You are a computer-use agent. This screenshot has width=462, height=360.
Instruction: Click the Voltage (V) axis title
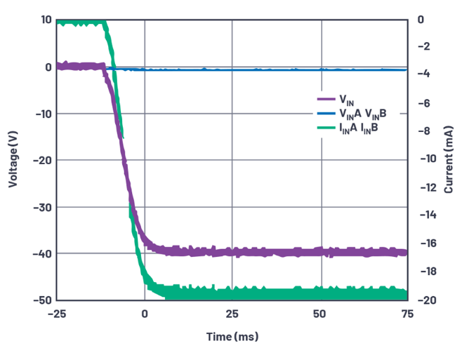click(x=13, y=160)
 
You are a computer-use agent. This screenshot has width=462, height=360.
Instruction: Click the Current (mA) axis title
click(x=449, y=160)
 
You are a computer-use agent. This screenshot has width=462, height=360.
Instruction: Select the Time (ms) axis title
click(x=232, y=337)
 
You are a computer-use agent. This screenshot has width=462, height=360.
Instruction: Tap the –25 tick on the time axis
click(x=56, y=313)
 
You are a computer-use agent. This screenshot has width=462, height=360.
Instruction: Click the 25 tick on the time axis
click(x=232, y=313)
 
